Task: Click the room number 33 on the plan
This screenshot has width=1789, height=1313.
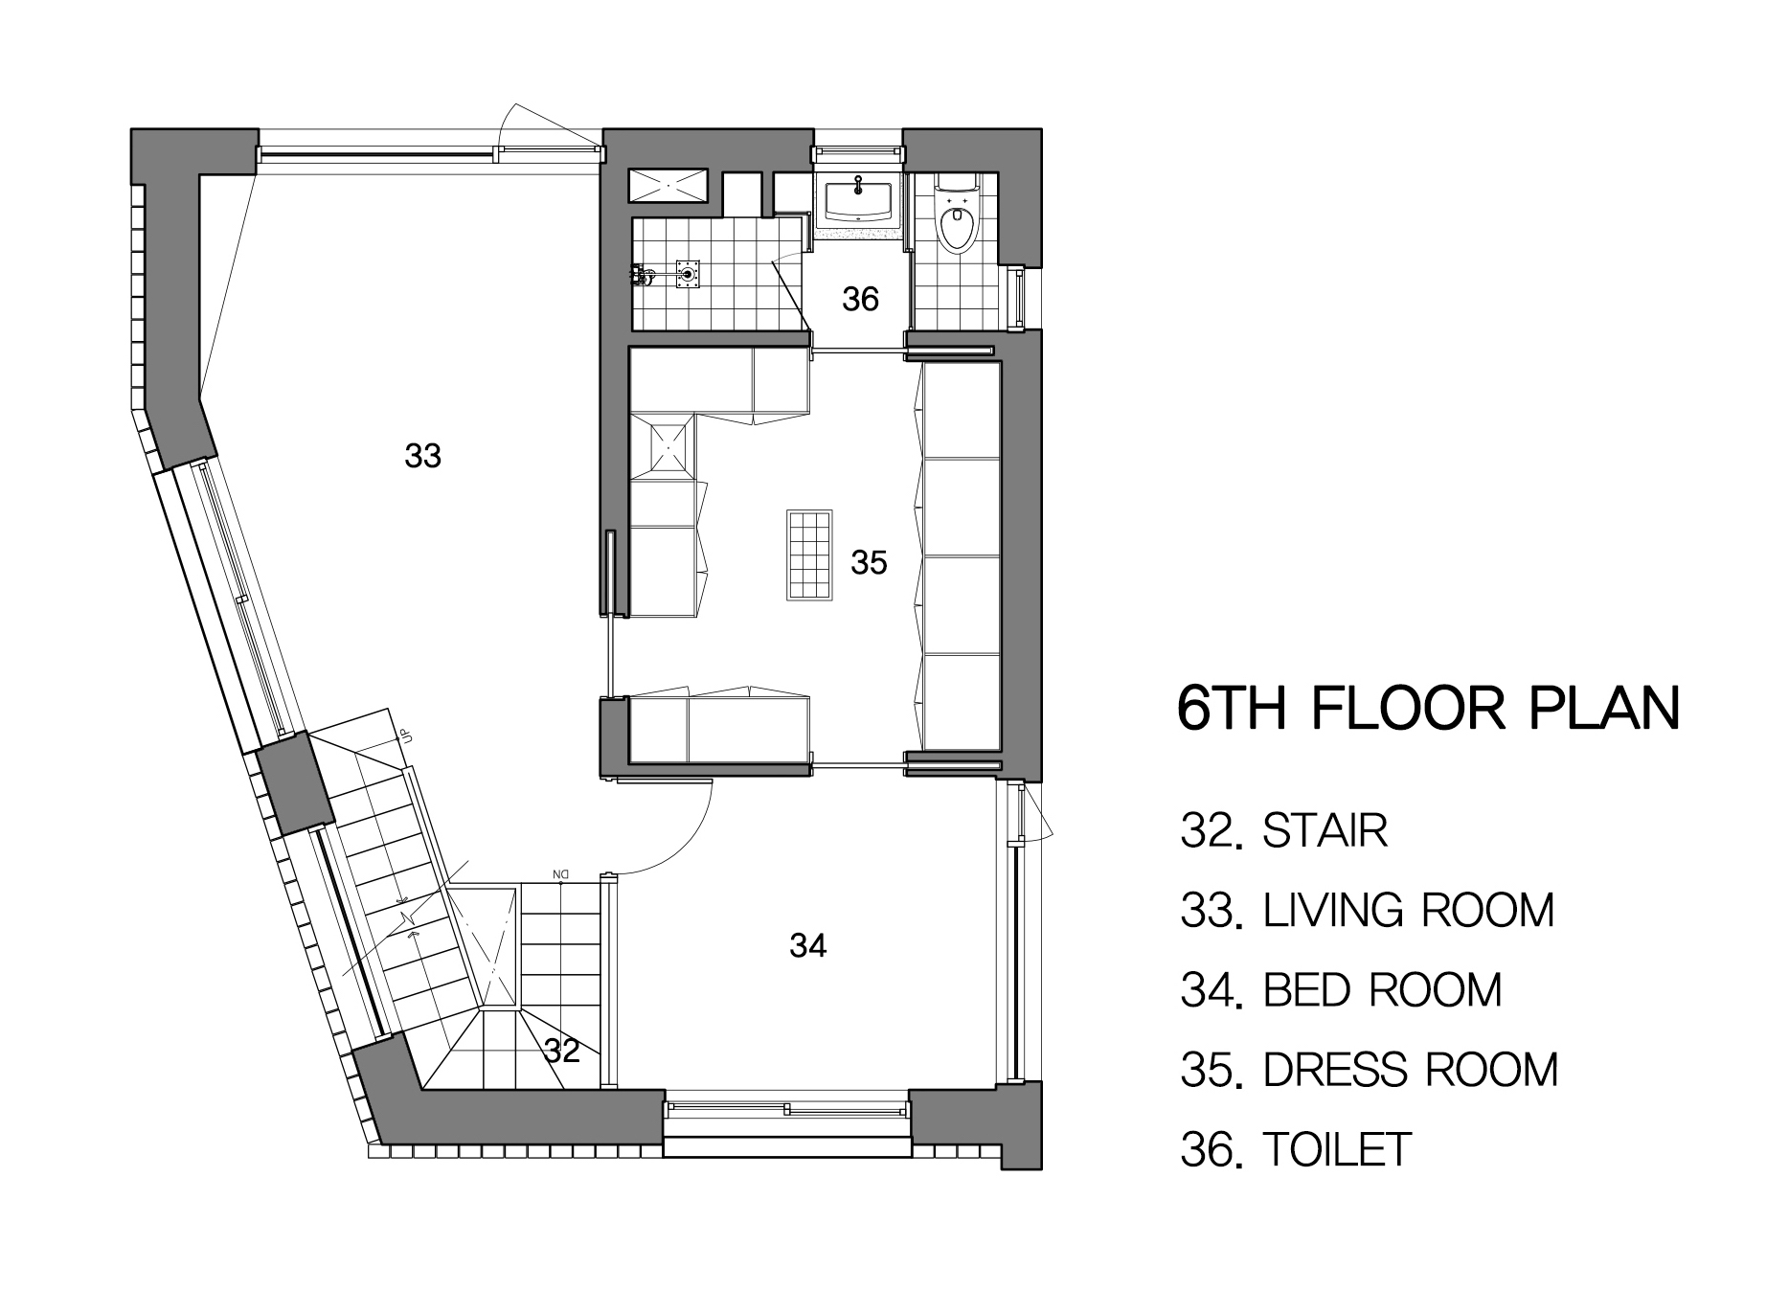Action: coord(422,456)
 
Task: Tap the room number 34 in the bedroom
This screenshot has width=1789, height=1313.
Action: coord(808,946)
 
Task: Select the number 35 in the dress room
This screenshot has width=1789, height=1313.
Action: coord(869,562)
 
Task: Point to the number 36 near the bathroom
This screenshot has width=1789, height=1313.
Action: coord(860,300)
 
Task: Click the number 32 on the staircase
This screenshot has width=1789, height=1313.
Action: coord(562,1052)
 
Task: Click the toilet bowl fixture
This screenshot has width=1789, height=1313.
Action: coord(955,218)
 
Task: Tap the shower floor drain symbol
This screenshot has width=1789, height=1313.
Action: coord(687,274)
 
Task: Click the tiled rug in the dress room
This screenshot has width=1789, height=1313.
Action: coord(810,555)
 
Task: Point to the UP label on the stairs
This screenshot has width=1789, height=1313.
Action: coord(406,736)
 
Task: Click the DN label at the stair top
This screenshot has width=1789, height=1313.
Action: coord(560,873)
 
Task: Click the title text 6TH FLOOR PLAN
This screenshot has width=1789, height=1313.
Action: coord(1428,708)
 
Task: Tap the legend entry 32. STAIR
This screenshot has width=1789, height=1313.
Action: coord(1284,830)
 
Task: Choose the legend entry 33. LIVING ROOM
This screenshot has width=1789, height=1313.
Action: coord(1368,910)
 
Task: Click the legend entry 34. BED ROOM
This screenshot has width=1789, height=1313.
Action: coord(1341,989)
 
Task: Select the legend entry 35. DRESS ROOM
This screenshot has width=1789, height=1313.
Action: coord(1370,1069)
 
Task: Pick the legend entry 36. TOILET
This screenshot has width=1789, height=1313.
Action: coord(1297,1149)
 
